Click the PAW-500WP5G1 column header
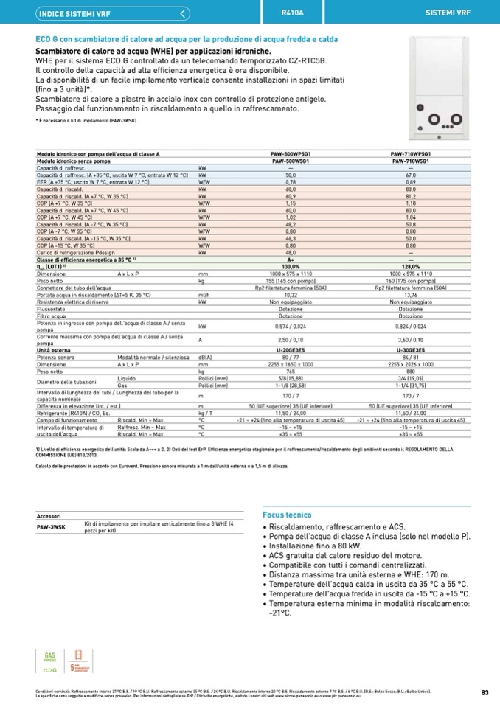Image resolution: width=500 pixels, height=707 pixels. click(x=290, y=153)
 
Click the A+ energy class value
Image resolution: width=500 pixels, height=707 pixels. click(x=290, y=260)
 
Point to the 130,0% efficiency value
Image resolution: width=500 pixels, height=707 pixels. click(x=290, y=267)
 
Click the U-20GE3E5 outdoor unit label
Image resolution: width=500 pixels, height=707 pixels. click(x=290, y=350)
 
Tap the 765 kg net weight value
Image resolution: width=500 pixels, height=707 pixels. click(x=290, y=371)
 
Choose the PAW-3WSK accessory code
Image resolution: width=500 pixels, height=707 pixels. click(x=52, y=526)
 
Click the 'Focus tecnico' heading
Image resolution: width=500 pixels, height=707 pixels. click(x=288, y=515)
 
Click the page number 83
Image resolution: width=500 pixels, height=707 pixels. click(x=484, y=692)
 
